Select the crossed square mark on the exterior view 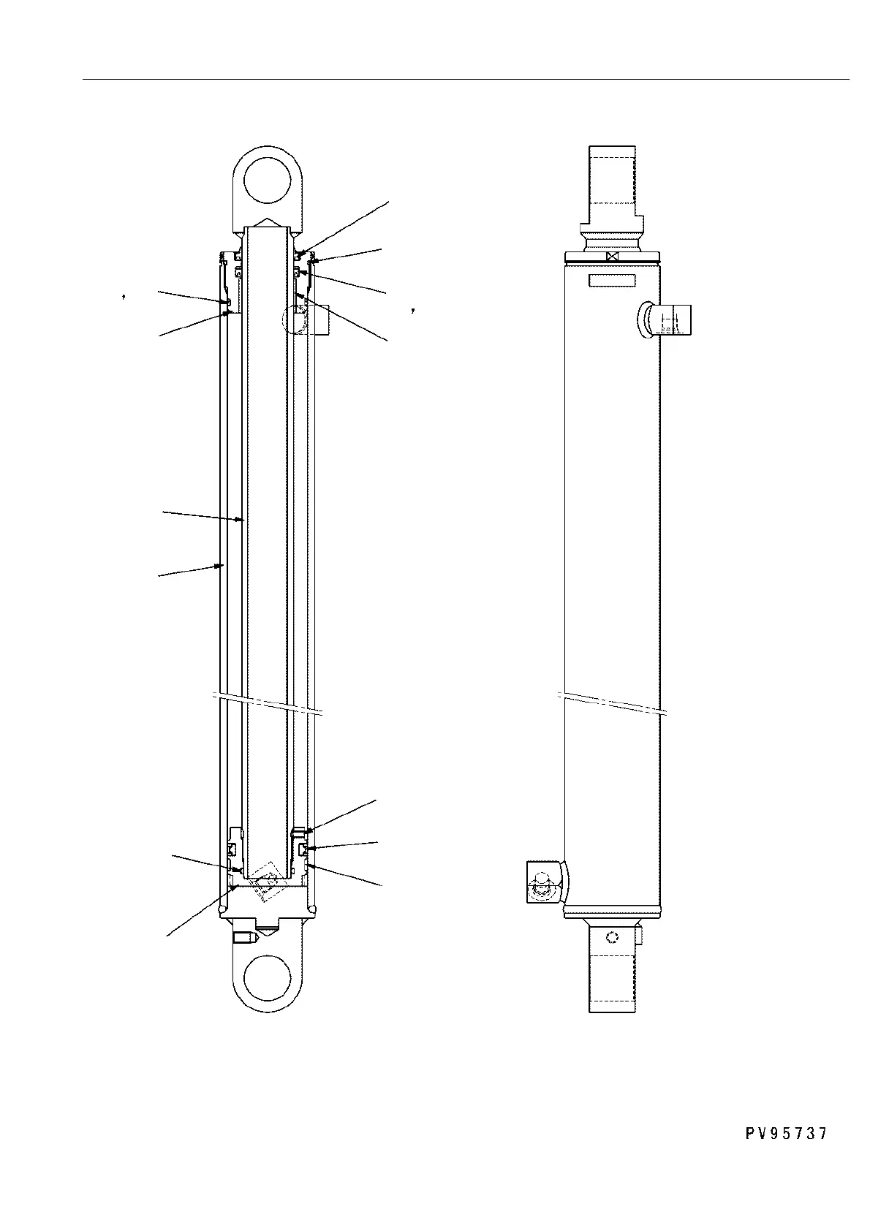coord(613,257)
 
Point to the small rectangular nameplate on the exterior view coord(613,281)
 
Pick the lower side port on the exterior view coord(545,882)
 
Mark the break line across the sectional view coord(267,702)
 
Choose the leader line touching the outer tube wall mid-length coord(189,570)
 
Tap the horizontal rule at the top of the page coord(468,78)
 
